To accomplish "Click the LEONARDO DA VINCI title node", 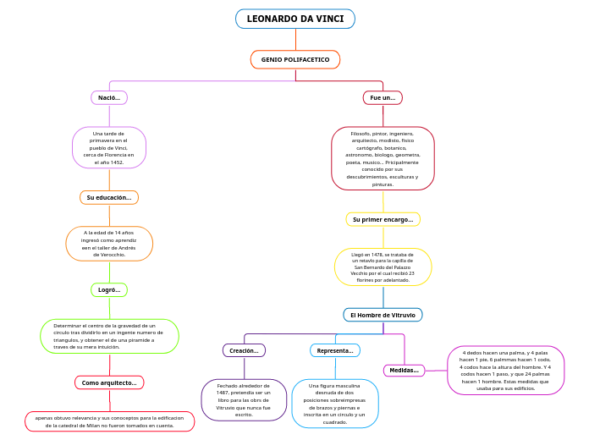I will (x=294, y=19).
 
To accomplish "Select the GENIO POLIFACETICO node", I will (x=295, y=59).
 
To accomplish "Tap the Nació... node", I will (x=109, y=98).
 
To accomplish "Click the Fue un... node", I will (x=383, y=98).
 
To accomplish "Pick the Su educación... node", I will (x=109, y=197).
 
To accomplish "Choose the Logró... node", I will (x=109, y=290).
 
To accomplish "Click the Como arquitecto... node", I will (x=109, y=382).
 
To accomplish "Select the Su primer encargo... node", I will (x=383, y=219).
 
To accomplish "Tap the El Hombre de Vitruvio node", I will (x=383, y=315).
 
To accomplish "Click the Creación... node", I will (x=245, y=350).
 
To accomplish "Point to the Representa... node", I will (x=335, y=350).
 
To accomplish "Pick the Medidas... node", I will (x=404, y=370).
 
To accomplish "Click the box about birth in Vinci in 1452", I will (x=109, y=148).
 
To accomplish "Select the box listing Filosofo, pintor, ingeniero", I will (x=383, y=158).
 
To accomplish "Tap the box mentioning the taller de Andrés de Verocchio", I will (x=109, y=243).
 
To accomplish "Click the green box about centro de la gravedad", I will (x=109, y=336).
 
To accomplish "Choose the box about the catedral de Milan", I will (x=109, y=421).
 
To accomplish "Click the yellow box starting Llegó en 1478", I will (x=383, y=267).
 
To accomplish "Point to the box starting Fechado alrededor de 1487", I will (x=245, y=399).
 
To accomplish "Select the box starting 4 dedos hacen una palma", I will (x=505, y=370).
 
